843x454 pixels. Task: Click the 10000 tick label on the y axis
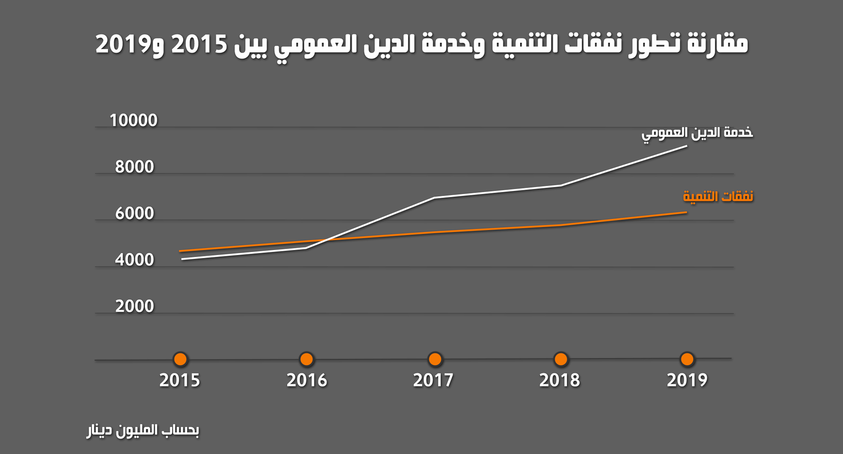(133, 121)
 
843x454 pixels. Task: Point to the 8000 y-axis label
(134, 167)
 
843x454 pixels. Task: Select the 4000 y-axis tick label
(134, 260)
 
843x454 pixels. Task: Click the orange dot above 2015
(180, 359)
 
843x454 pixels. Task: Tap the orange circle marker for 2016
(306, 359)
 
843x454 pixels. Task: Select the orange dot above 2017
(435, 359)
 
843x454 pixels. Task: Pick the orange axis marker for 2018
(561, 359)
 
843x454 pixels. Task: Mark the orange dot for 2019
(687, 359)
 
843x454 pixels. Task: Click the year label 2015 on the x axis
(180, 380)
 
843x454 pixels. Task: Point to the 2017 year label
(433, 380)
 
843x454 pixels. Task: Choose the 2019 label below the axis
(687, 380)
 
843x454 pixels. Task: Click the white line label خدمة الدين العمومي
(697, 133)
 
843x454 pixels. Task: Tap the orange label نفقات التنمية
(718, 196)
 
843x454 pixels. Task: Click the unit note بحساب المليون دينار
(143, 430)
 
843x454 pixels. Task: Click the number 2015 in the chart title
(199, 44)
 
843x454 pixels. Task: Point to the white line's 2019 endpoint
(686, 146)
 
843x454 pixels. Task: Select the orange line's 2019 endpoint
(686, 212)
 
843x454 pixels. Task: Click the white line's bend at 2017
(434, 198)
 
